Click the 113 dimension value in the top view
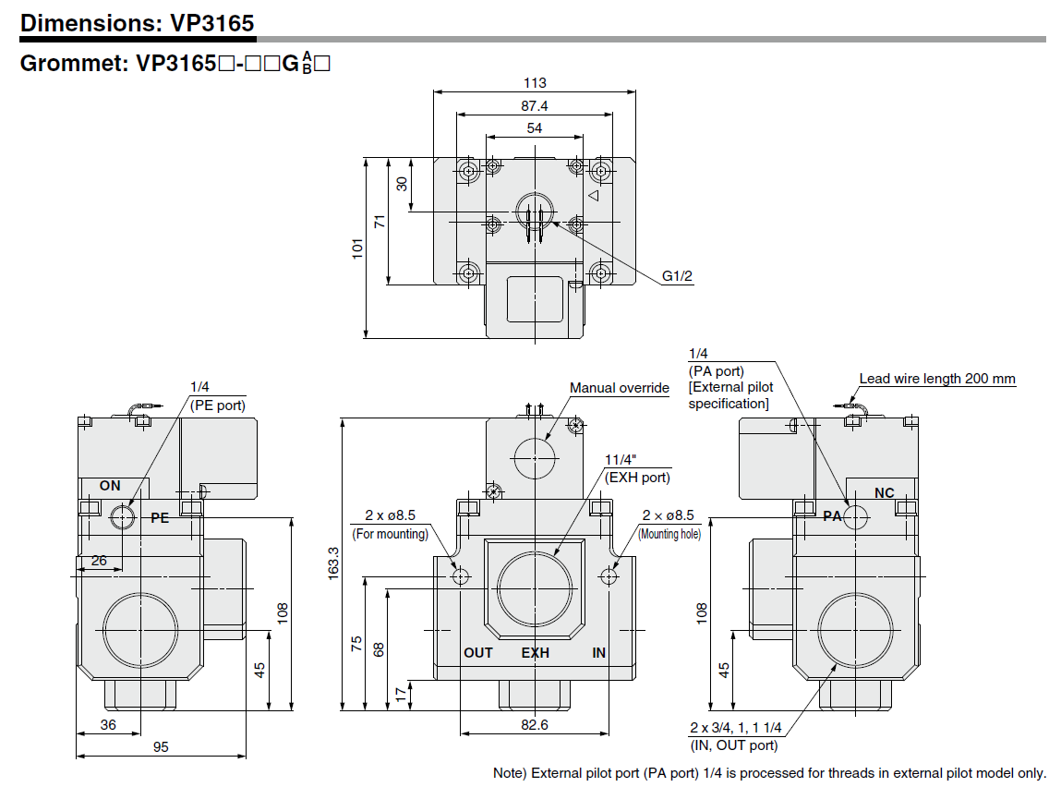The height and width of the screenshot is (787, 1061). pos(535,82)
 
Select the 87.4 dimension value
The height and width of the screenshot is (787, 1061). pos(535,105)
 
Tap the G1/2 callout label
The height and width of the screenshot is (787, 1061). pos(677,276)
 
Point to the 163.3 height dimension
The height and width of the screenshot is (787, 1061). pos(333,563)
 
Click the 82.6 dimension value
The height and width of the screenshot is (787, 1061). pos(535,725)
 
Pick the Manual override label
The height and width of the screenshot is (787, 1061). pos(619,388)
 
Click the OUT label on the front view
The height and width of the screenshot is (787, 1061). pos(477,653)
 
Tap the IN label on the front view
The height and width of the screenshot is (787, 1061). pos(599,653)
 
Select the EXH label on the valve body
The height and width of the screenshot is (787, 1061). pos(536,653)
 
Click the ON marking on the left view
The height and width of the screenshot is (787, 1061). pos(110,486)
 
